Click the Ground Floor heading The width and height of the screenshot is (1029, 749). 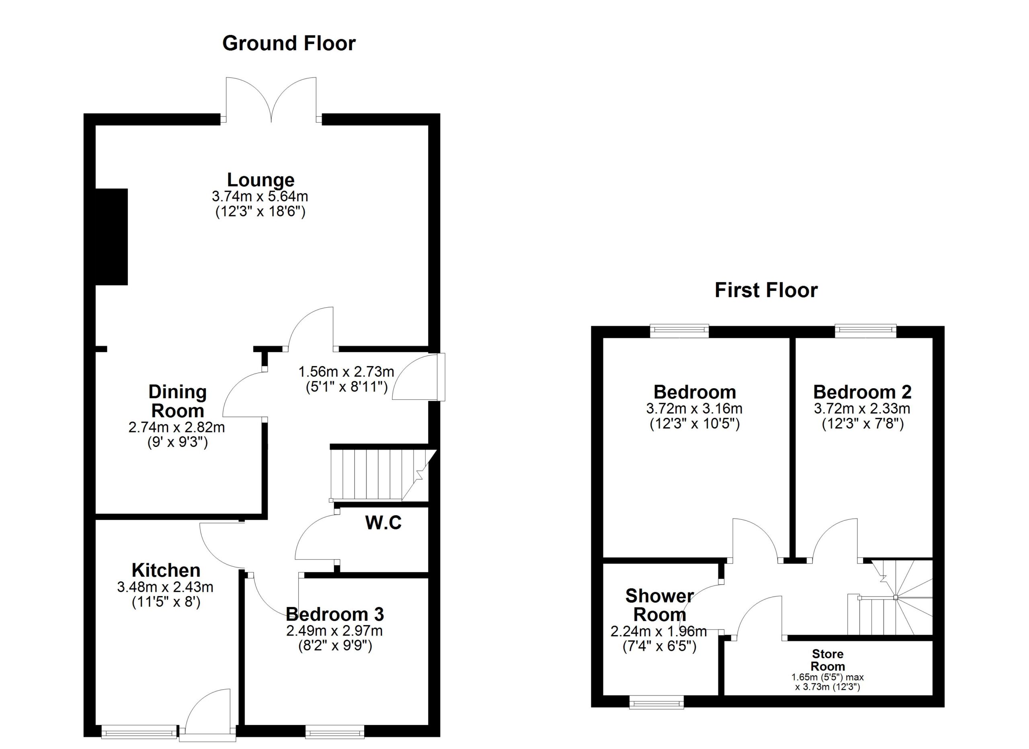point(289,43)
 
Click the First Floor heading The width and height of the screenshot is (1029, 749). point(766,290)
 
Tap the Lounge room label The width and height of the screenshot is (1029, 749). point(261,180)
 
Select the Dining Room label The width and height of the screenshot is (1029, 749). point(178,401)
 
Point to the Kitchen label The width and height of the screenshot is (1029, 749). point(166,570)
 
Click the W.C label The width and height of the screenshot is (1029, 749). point(383,523)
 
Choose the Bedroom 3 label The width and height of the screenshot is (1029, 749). point(335,614)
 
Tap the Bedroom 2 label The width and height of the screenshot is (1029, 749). point(863,392)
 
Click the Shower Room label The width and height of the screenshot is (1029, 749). point(660,605)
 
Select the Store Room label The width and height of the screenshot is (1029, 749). point(828,660)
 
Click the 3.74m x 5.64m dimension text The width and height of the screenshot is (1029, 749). point(260,197)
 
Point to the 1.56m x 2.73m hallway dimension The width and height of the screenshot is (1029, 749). point(346,372)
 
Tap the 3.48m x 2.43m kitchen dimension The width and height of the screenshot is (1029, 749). point(165,587)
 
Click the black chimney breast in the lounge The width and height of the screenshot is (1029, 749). point(112,237)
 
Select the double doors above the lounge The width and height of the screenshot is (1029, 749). point(271,100)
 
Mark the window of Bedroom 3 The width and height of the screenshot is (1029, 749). point(335,731)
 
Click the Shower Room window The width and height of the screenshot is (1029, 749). point(657,704)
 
